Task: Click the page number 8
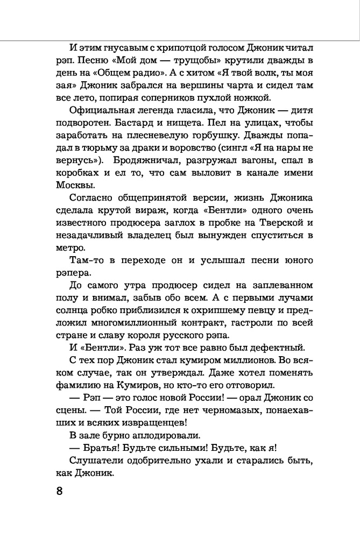(59, 491)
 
